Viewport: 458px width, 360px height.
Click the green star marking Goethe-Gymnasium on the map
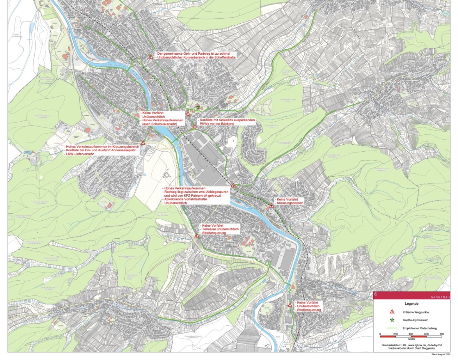(198, 107)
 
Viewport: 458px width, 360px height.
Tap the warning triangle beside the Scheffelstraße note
(151, 57)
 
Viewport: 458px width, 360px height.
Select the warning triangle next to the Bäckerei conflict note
(195, 126)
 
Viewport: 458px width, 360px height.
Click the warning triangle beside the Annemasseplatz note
(143, 143)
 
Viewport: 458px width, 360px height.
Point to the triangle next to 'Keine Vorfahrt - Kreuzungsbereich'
(271, 205)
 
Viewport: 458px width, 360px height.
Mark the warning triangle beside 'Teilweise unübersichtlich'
(197, 235)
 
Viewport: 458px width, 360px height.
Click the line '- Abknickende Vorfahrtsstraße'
(185, 199)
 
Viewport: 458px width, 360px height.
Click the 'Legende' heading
(411, 304)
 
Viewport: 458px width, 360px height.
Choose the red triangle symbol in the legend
(392, 312)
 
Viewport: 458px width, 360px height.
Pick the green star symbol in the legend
(392, 320)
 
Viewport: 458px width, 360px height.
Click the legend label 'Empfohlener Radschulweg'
(420, 328)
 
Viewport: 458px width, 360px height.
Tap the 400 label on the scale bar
(411, 334)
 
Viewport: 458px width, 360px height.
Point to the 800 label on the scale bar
(441, 334)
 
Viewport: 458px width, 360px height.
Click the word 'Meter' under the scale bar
(411, 339)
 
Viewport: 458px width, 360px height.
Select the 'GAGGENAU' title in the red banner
(440, 297)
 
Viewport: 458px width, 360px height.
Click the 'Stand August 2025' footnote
(441, 354)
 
